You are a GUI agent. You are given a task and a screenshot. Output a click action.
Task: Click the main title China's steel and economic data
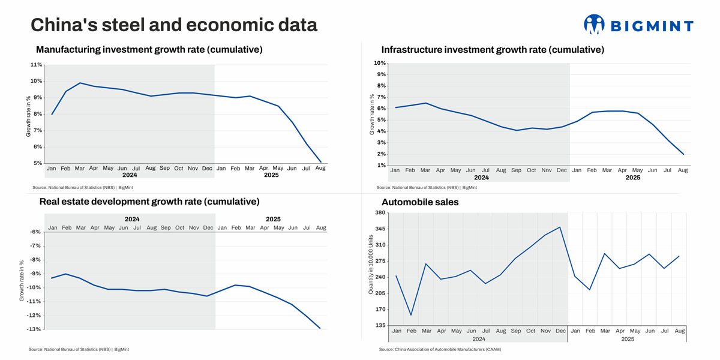pos(174,25)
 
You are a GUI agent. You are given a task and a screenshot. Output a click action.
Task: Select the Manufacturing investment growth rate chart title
pos(149,50)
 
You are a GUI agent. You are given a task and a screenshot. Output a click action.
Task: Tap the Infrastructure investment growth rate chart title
pos(493,50)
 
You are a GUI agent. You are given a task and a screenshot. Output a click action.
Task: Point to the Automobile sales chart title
pos(420,202)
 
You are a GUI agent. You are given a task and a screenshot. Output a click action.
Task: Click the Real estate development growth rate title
pos(149,202)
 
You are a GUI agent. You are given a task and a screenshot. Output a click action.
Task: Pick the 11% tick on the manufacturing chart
pos(36,65)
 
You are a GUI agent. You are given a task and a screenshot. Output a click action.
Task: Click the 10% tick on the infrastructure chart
pos(379,63)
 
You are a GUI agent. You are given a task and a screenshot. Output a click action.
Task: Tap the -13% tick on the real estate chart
pos(34,329)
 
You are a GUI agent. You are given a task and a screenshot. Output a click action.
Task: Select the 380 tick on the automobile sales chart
pos(380,213)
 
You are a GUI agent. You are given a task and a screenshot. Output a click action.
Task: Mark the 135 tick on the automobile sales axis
pos(380,326)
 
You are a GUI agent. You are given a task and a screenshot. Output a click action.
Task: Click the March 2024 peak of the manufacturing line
pos(80,83)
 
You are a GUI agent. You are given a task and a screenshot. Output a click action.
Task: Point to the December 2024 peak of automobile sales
pos(560,227)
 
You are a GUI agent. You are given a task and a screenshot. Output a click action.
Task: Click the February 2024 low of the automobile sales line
pos(411,315)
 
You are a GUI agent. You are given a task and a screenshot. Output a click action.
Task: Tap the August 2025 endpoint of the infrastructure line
pos(683,154)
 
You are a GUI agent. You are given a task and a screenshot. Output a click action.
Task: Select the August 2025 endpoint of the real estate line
pos(320,328)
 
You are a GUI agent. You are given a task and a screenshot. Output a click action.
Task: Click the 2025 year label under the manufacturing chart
pos(271,176)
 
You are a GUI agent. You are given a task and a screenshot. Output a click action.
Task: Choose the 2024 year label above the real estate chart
pos(132,219)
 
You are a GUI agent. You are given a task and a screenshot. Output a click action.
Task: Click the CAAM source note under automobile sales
pos(440,349)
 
